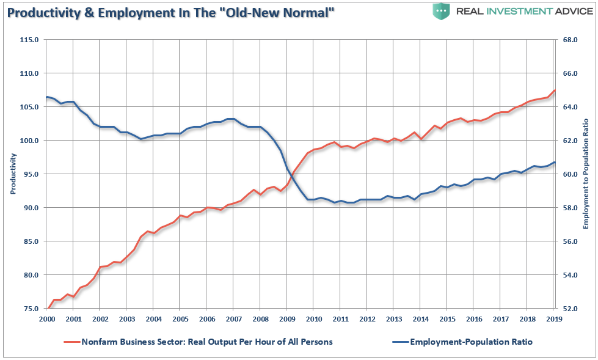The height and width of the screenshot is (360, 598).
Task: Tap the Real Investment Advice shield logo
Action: coord(441,11)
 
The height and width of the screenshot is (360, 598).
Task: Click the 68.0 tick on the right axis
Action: coord(569,40)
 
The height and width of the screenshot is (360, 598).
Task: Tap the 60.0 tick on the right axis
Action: coord(569,174)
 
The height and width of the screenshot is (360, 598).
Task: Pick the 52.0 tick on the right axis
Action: coord(569,309)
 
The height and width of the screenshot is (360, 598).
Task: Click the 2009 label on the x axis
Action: coord(286,320)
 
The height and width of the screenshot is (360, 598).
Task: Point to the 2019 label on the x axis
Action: coord(553,320)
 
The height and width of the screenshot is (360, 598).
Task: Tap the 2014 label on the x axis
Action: coord(420,320)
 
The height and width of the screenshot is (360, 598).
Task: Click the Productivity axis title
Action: coord(13,174)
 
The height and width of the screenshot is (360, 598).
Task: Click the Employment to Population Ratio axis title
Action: coord(585,174)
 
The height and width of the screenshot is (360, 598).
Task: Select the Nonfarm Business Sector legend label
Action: coord(207,342)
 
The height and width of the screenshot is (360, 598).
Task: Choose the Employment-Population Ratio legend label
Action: coord(471,342)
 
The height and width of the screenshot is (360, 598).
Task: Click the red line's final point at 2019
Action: coord(554,90)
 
